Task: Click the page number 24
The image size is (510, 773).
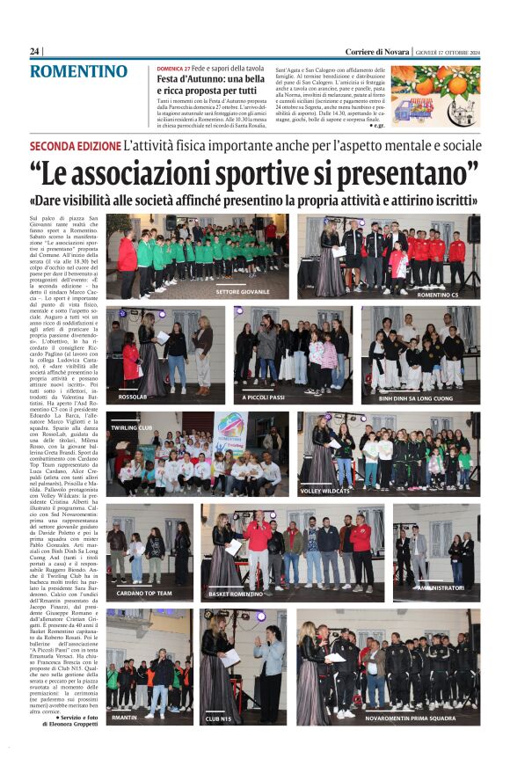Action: (34, 52)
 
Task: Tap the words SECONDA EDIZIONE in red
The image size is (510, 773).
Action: (75, 144)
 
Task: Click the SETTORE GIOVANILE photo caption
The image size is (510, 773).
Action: (243, 291)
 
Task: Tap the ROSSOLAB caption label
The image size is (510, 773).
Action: (133, 397)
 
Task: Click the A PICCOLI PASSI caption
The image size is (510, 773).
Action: (264, 397)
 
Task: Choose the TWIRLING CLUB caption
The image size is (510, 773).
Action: (132, 427)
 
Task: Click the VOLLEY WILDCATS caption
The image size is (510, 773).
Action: (324, 491)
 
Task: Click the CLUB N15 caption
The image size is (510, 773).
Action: (218, 718)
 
